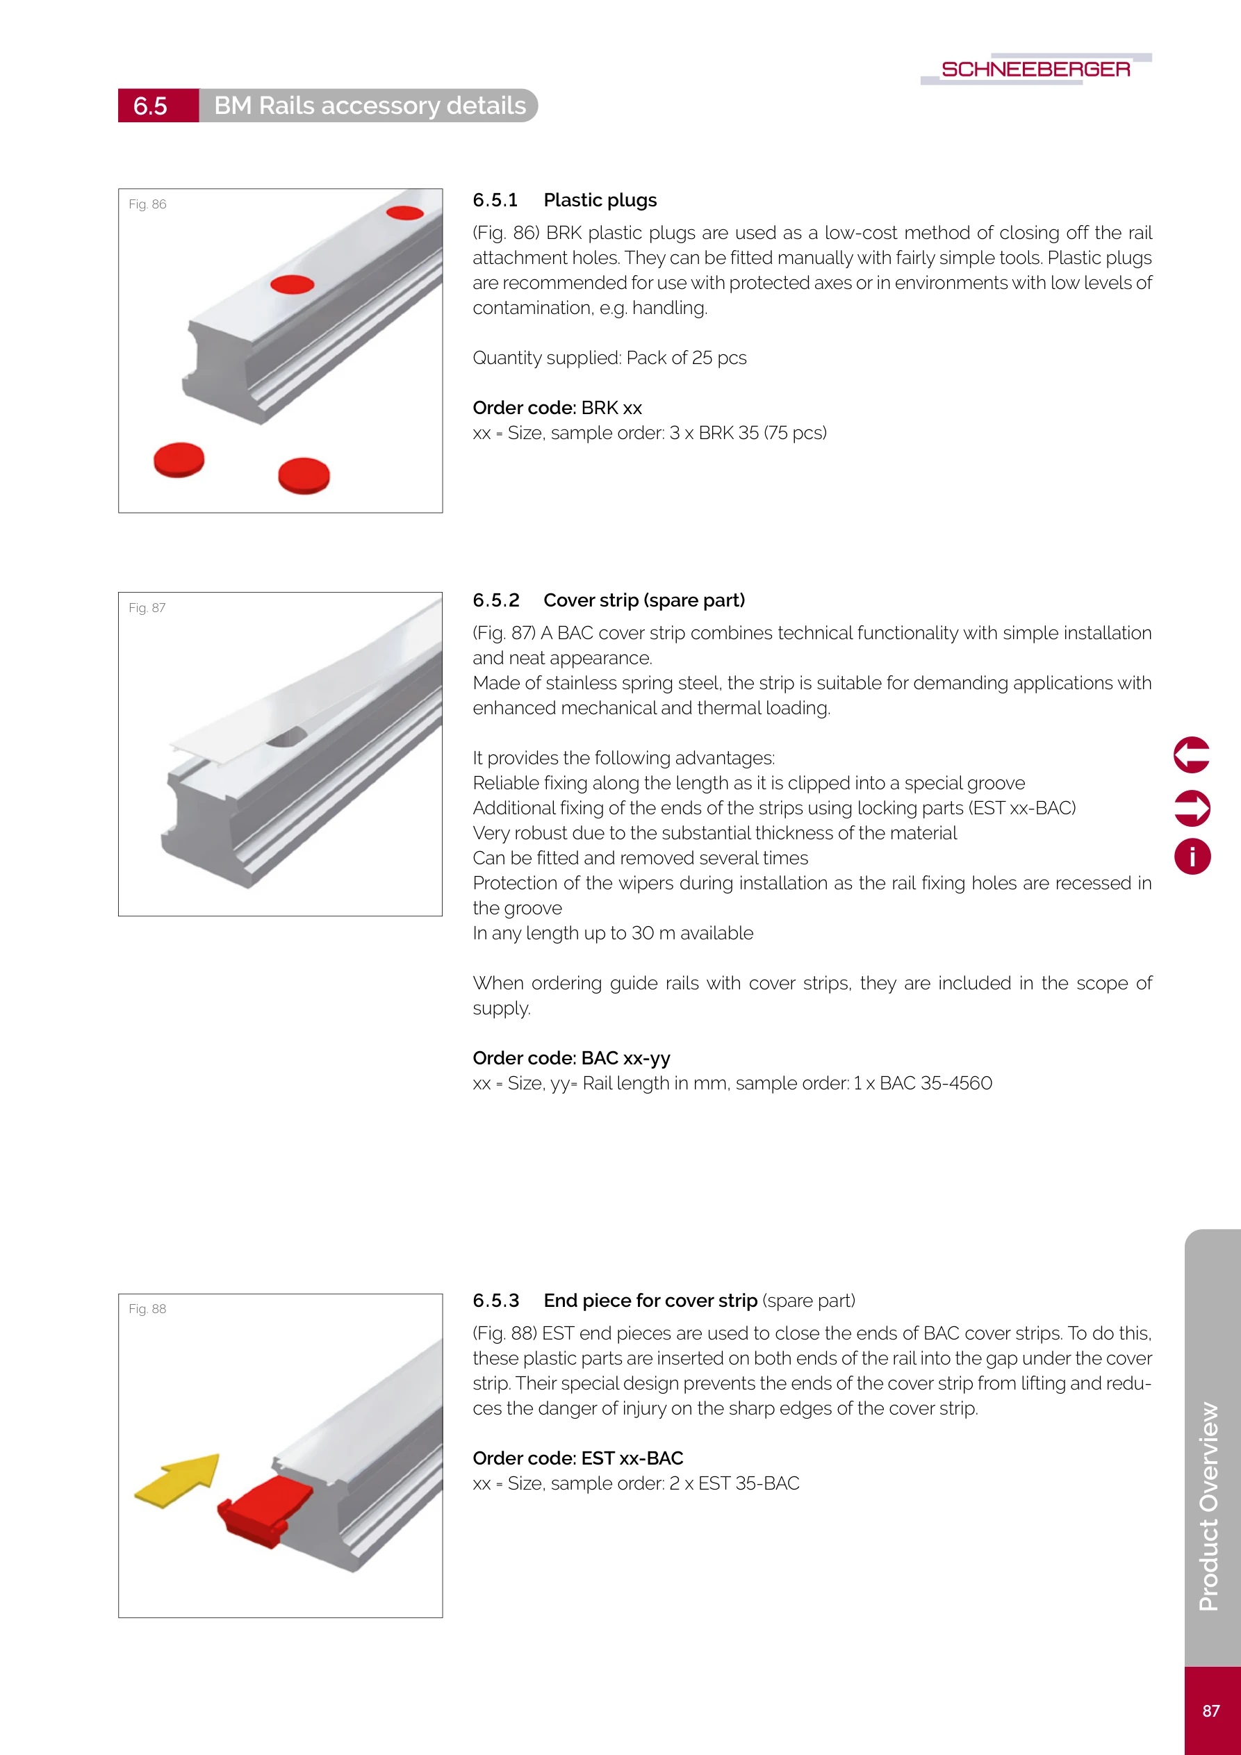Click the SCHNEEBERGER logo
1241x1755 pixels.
pos(1035,69)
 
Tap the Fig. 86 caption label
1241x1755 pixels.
pos(147,204)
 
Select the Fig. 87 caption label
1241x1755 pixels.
pos(147,608)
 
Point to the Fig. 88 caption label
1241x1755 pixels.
pos(147,1308)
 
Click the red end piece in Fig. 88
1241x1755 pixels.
pos(264,1510)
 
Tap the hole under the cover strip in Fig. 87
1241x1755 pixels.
pos(287,738)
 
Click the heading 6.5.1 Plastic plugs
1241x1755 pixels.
pos(564,200)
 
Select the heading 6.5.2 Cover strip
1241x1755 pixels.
pos(609,600)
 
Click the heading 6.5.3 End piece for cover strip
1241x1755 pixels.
pos(663,1300)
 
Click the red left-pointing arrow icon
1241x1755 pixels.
pos(1191,755)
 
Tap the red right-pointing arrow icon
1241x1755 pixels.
pos(1191,808)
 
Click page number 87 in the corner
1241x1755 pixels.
pos(1210,1711)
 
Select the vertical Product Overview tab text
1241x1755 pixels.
pos(1209,1506)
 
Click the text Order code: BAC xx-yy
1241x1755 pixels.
pos(571,1058)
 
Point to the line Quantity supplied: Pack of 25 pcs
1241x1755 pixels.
pos(609,358)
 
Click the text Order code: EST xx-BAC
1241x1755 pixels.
pos(577,1458)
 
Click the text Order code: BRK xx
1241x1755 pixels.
pos(557,407)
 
